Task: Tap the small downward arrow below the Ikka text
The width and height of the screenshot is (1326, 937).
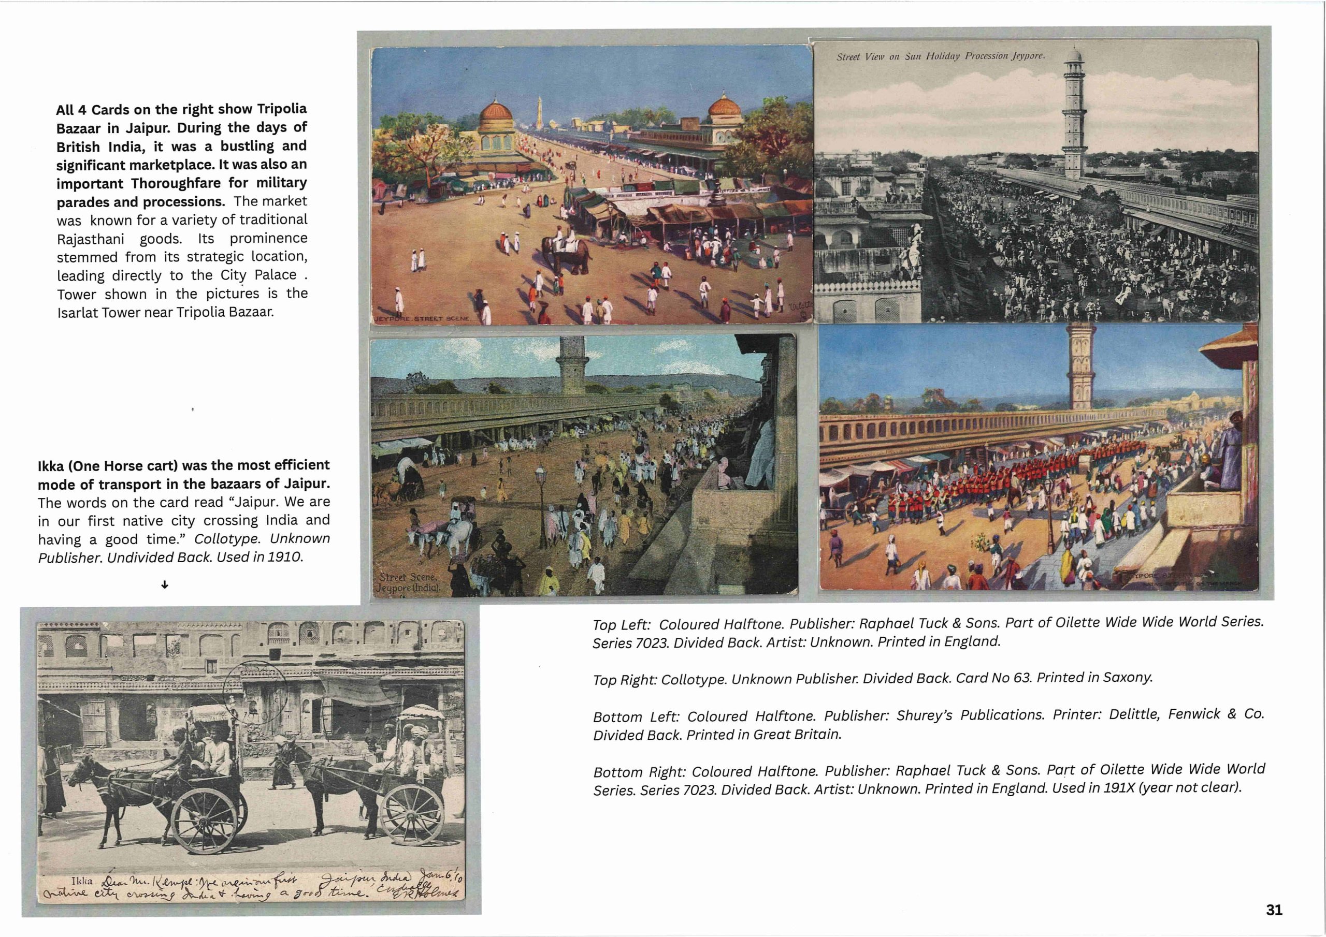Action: click(165, 585)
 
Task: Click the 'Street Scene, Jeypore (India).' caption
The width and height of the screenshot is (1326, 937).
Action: click(408, 582)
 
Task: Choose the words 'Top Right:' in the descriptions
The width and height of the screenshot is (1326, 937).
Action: click(624, 680)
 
